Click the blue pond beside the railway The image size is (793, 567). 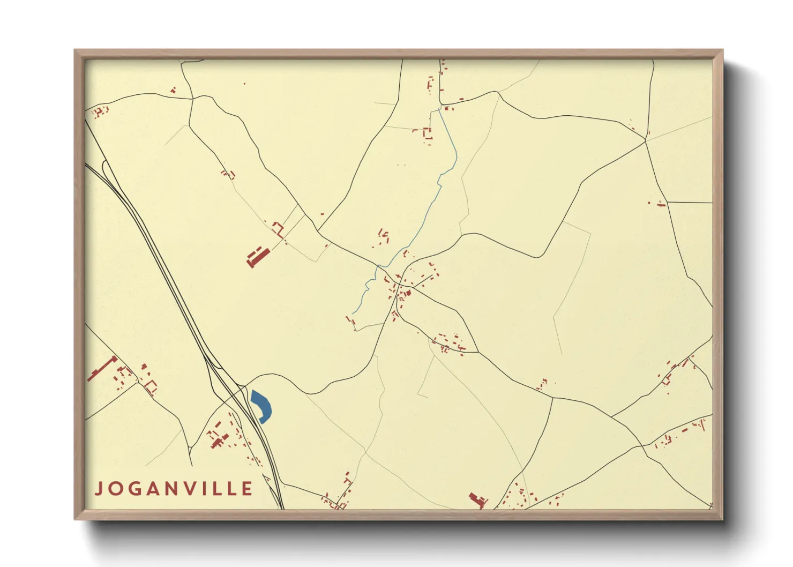point(261,406)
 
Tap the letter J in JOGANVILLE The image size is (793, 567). point(99,489)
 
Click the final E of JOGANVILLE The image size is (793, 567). point(247,489)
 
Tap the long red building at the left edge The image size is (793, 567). point(102,368)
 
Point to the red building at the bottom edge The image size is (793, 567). point(477,500)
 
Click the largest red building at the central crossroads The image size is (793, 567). point(408,293)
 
